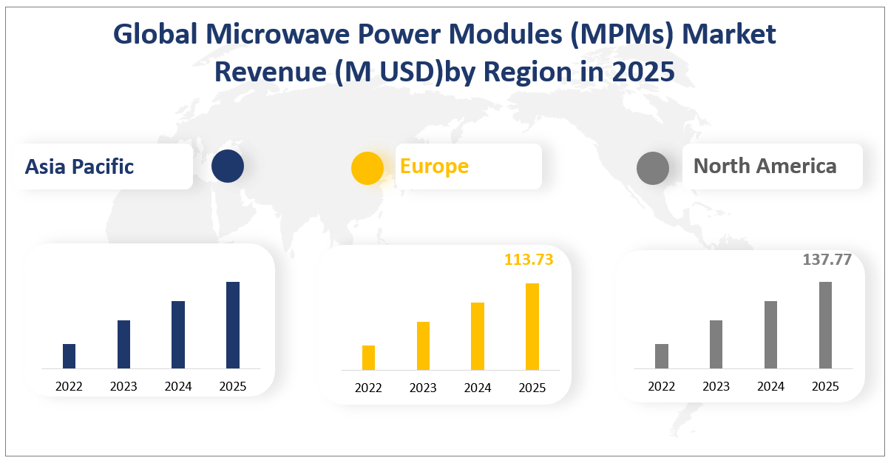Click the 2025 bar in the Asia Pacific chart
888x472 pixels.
click(x=233, y=325)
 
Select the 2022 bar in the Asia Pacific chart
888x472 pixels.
click(x=69, y=356)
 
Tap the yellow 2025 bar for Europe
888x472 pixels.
click(x=532, y=326)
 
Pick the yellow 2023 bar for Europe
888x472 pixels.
click(x=423, y=345)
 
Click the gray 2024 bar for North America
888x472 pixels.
click(x=770, y=334)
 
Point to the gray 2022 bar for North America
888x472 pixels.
click(x=662, y=356)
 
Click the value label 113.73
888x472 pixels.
click(x=528, y=260)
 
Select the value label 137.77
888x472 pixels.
click(x=827, y=260)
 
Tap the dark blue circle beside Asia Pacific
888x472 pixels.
click(x=227, y=166)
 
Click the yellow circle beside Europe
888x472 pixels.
click(x=367, y=168)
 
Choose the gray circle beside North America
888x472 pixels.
click(x=653, y=168)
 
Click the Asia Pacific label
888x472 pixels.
click(x=79, y=166)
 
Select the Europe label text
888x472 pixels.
click(x=434, y=166)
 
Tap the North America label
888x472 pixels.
click(x=765, y=166)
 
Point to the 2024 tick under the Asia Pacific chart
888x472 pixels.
click(x=178, y=386)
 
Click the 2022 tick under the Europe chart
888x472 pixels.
click(x=368, y=388)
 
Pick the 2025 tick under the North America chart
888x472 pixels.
click(x=825, y=386)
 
